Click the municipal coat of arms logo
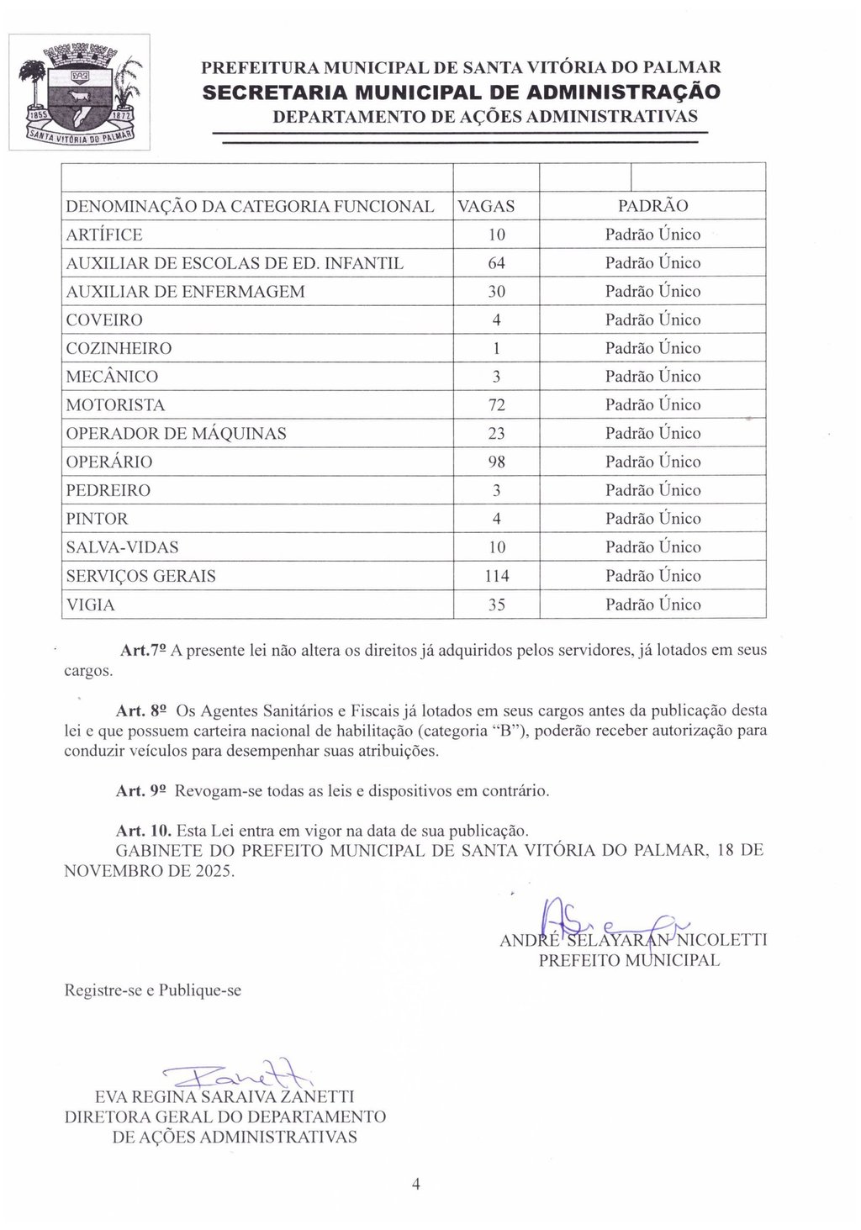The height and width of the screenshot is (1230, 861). click(x=79, y=92)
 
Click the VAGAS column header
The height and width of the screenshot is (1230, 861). click(x=486, y=206)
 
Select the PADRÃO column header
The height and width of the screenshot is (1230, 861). click(x=652, y=206)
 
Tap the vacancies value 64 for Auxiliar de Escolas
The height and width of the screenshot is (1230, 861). click(x=496, y=263)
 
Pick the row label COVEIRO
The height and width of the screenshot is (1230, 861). click(x=104, y=320)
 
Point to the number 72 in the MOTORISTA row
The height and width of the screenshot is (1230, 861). click(x=496, y=405)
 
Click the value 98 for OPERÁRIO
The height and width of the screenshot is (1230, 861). click(x=496, y=462)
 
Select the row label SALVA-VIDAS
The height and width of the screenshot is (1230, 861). click(x=122, y=547)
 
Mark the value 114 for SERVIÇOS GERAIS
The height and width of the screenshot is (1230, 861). click(x=496, y=576)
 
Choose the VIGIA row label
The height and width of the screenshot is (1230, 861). click(x=90, y=604)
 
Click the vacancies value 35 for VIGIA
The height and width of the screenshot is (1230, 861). click(x=496, y=604)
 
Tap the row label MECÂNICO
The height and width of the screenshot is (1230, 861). click(x=112, y=377)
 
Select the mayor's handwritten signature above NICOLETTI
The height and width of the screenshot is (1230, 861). click(x=589, y=921)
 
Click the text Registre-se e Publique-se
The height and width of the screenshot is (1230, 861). click(x=153, y=990)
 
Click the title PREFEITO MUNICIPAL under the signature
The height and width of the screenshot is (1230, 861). click(x=629, y=960)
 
